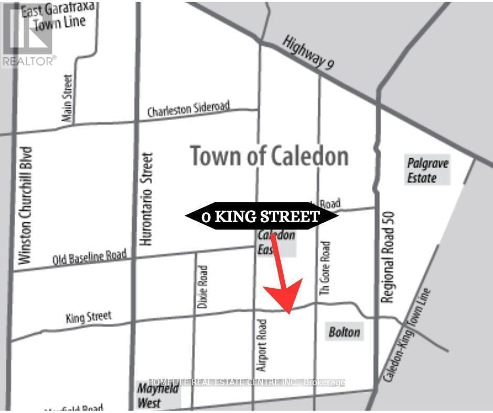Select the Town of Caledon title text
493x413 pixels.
pos(269,156)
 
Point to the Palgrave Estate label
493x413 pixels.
pos(428,170)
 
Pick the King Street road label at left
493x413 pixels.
pos(89,317)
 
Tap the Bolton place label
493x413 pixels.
pos(345,332)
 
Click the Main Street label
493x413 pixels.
pos(67,99)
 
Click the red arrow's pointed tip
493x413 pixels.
pos(289,313)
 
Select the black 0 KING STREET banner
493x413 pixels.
pos(261,216)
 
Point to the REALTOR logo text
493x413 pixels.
pos(29,61)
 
